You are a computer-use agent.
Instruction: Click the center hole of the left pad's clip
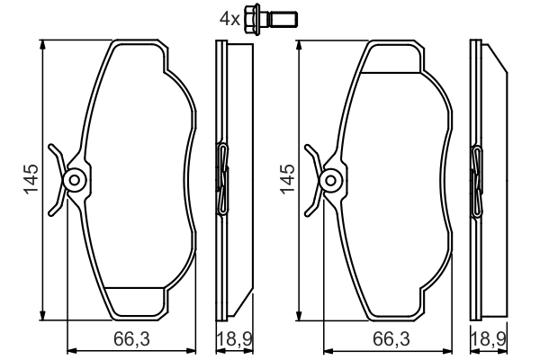coord(76,180)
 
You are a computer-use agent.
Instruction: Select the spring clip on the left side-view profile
coord(222,178)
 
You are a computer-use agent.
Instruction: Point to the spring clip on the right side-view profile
coord(478,178)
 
